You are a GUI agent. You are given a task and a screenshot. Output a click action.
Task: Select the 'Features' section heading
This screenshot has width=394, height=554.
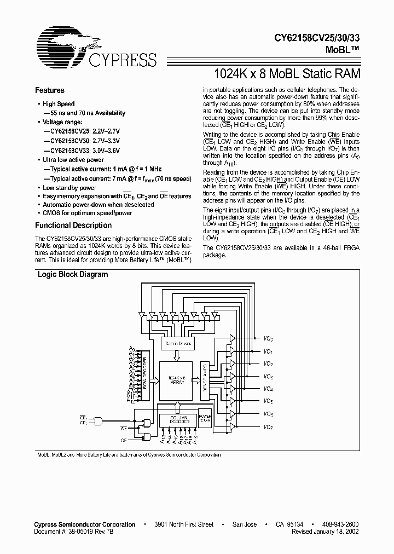50,90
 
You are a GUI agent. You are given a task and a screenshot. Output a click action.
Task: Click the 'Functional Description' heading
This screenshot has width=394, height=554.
73,225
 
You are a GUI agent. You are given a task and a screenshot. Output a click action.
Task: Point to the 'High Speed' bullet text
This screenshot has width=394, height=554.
59,104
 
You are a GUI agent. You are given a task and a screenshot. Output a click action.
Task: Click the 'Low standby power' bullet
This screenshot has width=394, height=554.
69,188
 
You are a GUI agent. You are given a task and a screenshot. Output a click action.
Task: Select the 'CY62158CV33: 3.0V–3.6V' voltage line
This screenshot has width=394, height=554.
85,150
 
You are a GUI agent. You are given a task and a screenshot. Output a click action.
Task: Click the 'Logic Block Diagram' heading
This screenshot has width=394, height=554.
72,275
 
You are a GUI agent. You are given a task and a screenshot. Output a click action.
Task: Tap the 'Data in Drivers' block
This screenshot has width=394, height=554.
176,343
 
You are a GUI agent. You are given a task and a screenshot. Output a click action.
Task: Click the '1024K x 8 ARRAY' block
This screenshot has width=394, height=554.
176,380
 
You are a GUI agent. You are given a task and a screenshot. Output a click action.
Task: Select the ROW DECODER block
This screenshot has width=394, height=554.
146,372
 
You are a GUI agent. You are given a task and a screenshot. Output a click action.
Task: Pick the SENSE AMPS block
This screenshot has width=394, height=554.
205,378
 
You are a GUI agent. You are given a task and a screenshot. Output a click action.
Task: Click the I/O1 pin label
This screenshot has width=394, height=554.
268,351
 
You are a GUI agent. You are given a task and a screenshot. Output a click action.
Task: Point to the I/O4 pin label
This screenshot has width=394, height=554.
268,389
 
